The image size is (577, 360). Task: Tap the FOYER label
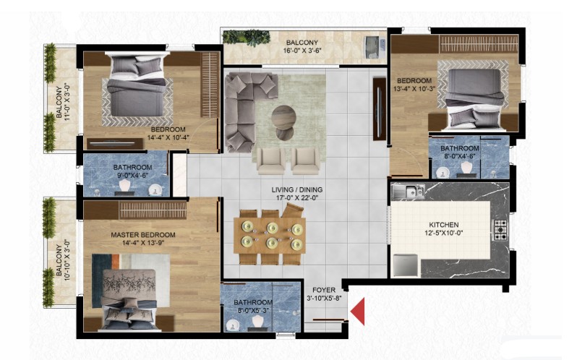point(324,290)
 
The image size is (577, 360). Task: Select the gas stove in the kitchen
point(500,230)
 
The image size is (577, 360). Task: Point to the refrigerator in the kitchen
point(406,265)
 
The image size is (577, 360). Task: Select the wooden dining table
point(270,236)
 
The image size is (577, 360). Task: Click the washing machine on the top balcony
point(375,47)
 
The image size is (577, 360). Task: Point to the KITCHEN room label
point(444,225)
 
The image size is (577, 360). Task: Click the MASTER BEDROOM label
point(143,235)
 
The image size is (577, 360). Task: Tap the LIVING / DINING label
point(297,189)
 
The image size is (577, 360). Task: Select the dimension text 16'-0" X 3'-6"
point(302,51)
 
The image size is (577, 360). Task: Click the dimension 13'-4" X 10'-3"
point(414,89)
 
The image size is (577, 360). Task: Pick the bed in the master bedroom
point(129,299)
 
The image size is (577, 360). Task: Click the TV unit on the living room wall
point(380,109)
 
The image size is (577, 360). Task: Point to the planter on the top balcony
point(247,38)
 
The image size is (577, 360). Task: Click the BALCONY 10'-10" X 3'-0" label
point(63,260)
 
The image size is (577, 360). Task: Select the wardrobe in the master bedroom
point(135,210)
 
